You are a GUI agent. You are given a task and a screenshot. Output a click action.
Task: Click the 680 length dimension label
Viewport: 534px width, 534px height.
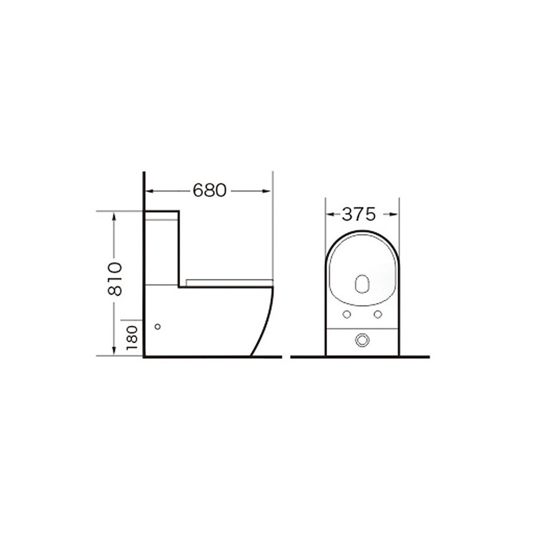coord(210,190)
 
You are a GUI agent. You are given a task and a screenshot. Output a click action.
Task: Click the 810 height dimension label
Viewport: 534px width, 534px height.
coord(115,279)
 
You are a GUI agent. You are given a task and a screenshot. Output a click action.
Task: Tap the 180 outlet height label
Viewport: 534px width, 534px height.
coord(131,338)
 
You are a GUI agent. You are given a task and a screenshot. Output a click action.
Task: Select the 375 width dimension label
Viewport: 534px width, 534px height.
coord(358,214)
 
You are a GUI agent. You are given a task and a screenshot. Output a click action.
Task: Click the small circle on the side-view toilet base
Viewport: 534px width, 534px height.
coord(158,326)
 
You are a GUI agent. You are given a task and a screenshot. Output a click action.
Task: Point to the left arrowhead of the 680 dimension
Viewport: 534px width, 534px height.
coord(150,191)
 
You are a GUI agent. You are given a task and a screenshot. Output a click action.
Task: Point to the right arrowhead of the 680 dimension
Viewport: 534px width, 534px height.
coord(267,191)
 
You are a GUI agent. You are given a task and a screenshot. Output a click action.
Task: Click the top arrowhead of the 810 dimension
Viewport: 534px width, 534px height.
coord(114,216)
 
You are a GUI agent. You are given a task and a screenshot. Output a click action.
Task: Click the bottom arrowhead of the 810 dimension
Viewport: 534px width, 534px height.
coord(114,351)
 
